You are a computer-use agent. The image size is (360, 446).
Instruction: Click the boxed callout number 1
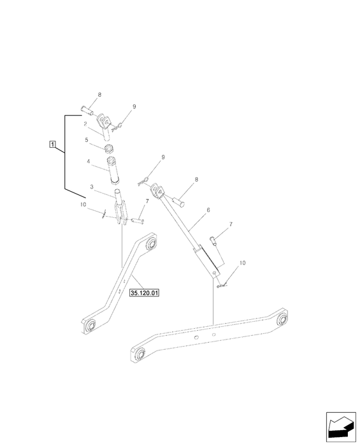pyautogui.click(x=52, y=144)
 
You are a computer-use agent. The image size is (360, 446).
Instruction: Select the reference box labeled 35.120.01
pyautogui.click(x=144, y=292)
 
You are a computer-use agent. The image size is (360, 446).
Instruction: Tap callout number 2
pyautogui.click(x=85, y=124)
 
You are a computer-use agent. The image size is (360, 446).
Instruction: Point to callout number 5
pyautogui.click(x=87, y=140)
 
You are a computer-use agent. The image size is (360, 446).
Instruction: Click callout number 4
pyautogui.click(x=89, y=161)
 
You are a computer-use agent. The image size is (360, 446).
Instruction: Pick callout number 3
pyautogui.click(x=92, y=187)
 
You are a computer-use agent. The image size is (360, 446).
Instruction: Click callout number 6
pyautogui.click(x=208, y=210)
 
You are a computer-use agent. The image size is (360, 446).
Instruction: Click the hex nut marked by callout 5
pyautogui.click(x=109, y=148)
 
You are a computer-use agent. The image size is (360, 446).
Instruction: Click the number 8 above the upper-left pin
pyautogui.click(x=99, y=95)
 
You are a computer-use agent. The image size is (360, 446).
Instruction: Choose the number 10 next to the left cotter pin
pyautogui.click(x=83, y=205)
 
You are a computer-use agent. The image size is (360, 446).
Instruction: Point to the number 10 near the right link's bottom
pyautogui.click(x=242, y=263)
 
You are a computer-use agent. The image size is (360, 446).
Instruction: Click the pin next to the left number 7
pyautogui.click(x=138, y=220)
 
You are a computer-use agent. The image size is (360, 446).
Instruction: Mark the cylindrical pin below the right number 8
pyautogui.click(x=178, y=201)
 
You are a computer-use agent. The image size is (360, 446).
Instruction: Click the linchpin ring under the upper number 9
pyautogui.click(x=117, y=127)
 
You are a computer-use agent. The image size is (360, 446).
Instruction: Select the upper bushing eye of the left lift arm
pyautogui.click(x=151, y=244)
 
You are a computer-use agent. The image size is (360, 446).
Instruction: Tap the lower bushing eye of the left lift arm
pyautogui.click(x=90, y=325)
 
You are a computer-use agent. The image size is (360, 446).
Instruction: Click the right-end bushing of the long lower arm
pyautogui.click(x=282, y=319)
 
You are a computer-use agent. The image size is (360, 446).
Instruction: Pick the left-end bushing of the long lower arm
pyautogui.click(x=140, y=353)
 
